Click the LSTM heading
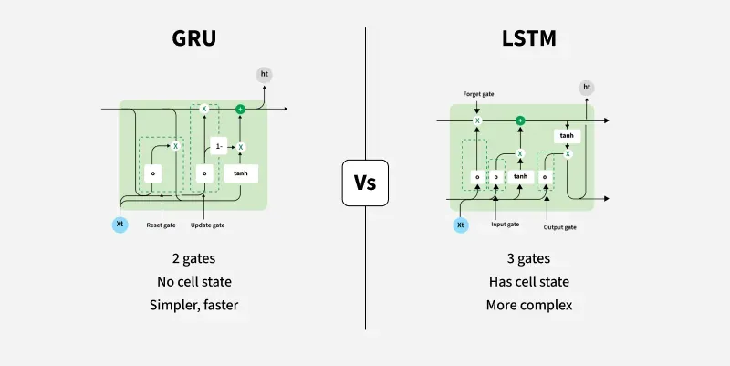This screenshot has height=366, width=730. click(x=530, y=38)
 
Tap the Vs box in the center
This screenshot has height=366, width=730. click(x=365, y=183)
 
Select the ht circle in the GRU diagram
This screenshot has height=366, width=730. click(x=265, y=74)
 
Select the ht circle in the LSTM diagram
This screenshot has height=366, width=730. click(x=587, y=88)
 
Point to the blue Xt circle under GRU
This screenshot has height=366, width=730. click(x=120, y=224)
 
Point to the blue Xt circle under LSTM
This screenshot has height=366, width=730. click(x=460, y=224)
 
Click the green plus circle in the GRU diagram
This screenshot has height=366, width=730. click(x=241, y=109)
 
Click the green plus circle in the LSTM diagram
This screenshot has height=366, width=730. click(x=520, y=120)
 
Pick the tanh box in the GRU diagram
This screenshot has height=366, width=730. click(x=241, y=173)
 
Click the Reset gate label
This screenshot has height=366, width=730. click(x=162, y=225)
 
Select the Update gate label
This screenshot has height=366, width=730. click(x=208, y=225)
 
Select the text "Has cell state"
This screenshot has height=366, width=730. click(x=530, y=282)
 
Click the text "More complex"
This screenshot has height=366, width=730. click(x=530, y=305)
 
